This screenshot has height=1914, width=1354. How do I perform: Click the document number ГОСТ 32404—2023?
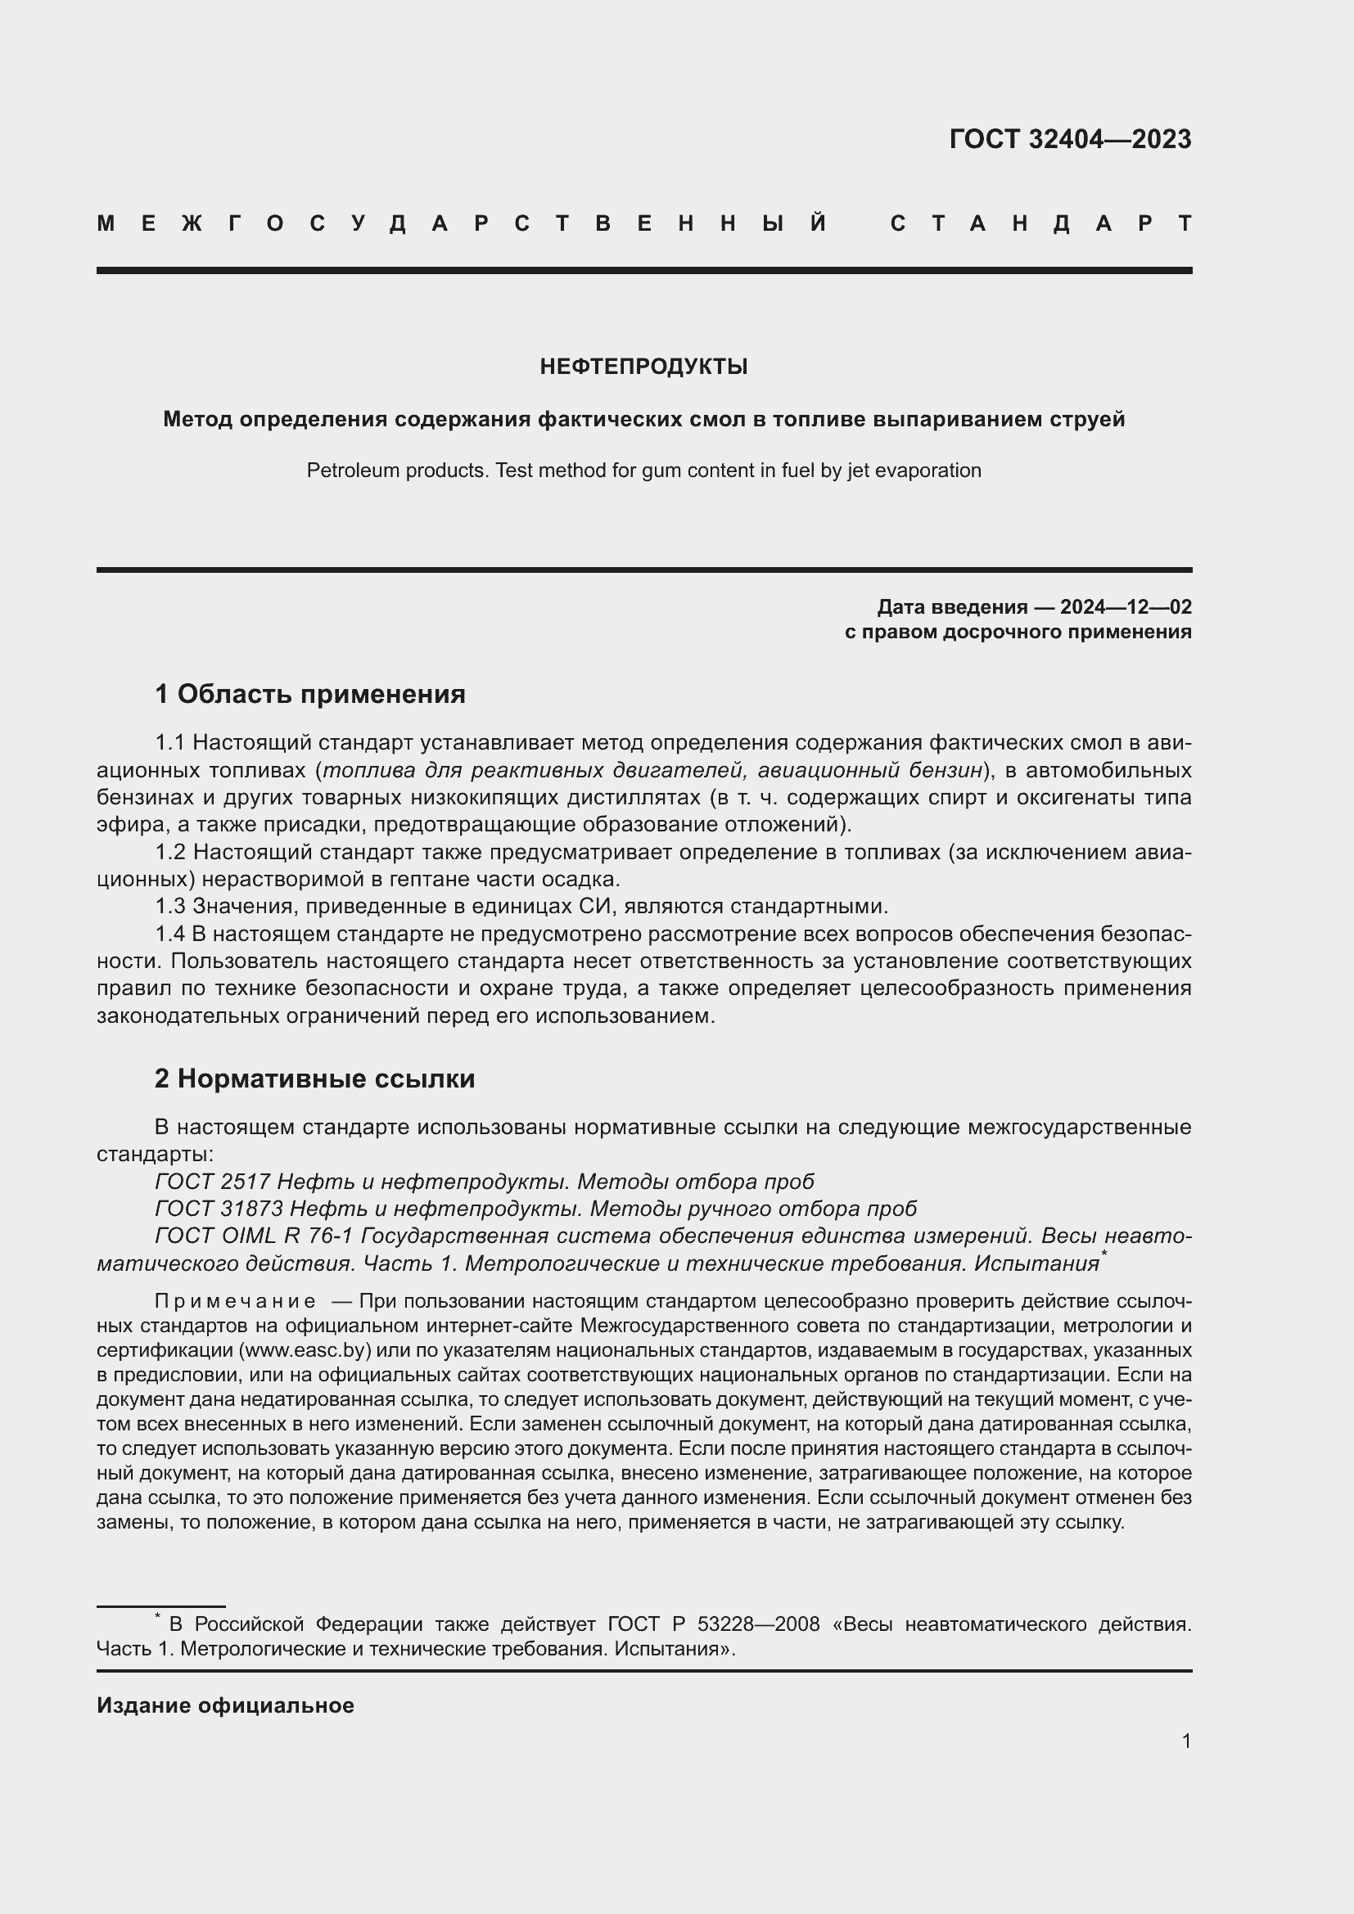tap(1070, 139)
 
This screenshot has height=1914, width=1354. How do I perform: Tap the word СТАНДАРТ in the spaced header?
tap(1041, 223)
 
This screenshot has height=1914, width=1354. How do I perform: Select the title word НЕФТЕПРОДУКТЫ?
tap(643, 367)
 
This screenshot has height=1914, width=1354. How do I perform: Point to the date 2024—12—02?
tap(1126, 606)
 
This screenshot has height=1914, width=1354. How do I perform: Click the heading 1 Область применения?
tap(310, 694)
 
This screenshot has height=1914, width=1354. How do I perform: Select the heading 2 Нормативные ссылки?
tap(314, 1079)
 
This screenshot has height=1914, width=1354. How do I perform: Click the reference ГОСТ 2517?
tap(212, 1182)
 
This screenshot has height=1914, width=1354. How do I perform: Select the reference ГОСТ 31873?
tap(219, 1209)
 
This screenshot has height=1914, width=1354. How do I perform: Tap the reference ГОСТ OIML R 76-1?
tap(255, 1236)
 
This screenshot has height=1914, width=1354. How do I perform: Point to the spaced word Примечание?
tap(235, 1301)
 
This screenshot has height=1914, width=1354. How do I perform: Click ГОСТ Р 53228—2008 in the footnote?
tap(714, 1624)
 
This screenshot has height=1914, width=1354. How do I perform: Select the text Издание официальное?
tap(225, 1705)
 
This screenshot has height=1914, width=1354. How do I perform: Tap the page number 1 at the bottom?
tap(1186, 1741)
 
